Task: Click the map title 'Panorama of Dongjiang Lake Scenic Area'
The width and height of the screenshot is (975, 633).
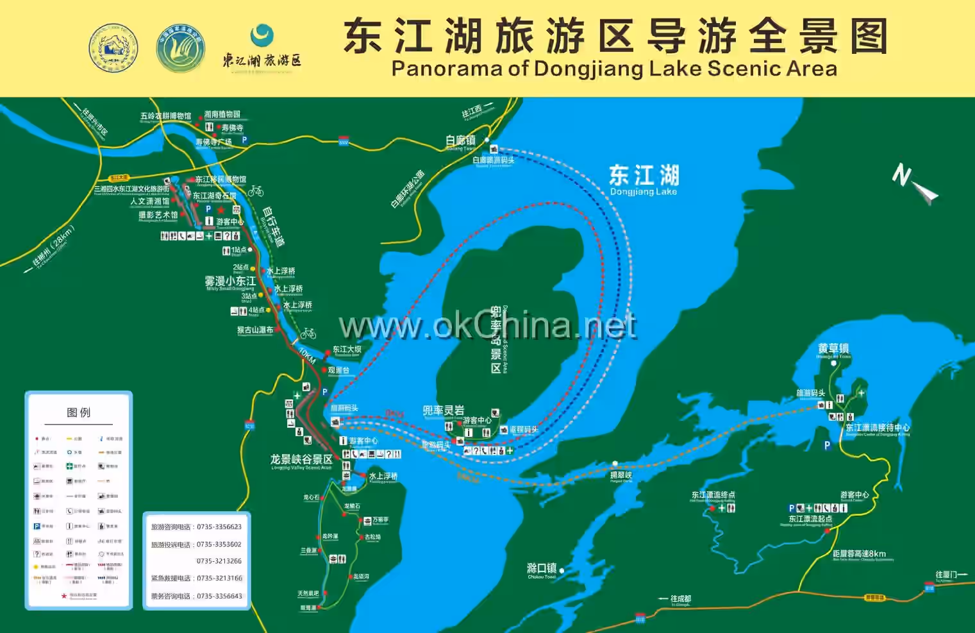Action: (x=614, y=69)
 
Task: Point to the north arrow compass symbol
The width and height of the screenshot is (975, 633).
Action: (x=914, y=184)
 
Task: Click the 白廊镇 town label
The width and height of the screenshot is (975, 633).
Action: (x=460, y=140)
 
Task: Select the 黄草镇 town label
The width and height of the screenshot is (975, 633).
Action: (x=833, y=348)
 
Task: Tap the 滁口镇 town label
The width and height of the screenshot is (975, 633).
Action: (x=541, y=568)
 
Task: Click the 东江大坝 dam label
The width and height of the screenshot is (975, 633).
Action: (x=347, y=350)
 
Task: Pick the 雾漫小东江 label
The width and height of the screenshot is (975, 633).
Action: (x=230, y=281)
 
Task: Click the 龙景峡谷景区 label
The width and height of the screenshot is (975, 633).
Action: (x=301, y=459)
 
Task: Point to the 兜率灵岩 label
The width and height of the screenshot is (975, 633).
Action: (x=443, y=410)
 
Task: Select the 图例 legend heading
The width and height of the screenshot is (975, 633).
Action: (x=79, y=412)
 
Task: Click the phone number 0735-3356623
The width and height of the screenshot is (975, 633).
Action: (x=219, y=527)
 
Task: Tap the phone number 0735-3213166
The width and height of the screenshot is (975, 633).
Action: (x=219, y=578)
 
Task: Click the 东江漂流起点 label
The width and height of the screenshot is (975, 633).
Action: (x=810, y=519)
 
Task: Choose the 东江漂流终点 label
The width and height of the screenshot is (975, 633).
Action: (x=713, y=494)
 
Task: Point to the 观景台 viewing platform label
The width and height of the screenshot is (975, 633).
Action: (x=338, y=370)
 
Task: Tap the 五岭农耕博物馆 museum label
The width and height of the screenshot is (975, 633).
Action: (x=165, y=116)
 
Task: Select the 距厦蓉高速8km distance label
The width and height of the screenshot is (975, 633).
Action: (x=859, y=553)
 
